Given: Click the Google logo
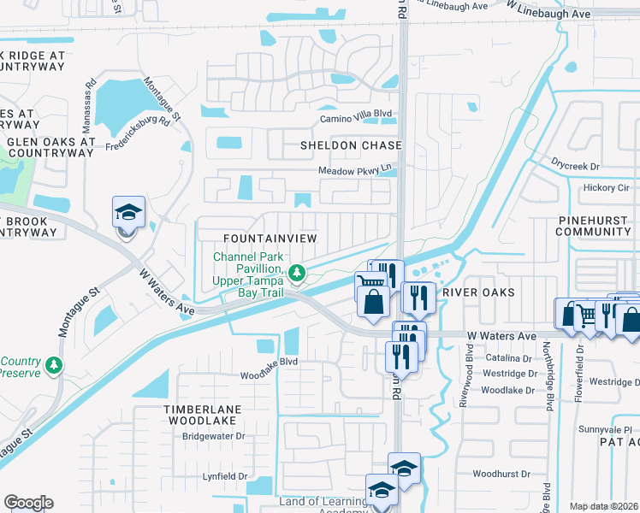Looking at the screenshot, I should click(x=28, y=503).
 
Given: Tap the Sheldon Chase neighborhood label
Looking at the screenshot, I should click(x=351, y=145).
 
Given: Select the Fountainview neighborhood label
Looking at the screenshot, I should click(x=270, y=237).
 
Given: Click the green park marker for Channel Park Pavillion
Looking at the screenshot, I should click(x=297, y=274).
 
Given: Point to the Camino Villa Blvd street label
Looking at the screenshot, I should click(x=355, y=120).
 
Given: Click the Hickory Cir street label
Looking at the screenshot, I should click(x=606, y=187).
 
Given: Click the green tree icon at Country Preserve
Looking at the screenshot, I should click(x=54, y=366).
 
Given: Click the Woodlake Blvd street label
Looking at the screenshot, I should click(x=268, y=374).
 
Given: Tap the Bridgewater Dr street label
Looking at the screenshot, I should click(x=214, y=436).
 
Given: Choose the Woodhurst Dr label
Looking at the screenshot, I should click(x=501, y=474).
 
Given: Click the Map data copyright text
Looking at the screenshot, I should click(x=604, y=506).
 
